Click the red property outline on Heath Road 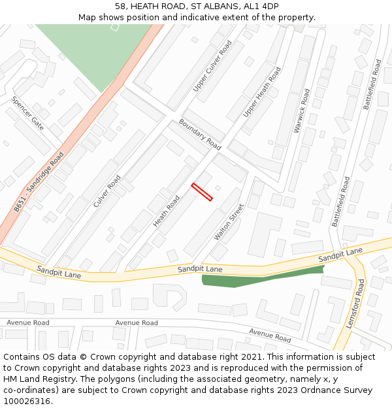pos(202,192)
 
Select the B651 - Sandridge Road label pos(39,181)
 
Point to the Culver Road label pos(107,191)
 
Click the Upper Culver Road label pos(213,66)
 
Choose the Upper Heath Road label pos(262,92)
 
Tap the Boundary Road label pos(200,134)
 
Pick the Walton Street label pos(229,222)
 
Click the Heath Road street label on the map pos(167,211)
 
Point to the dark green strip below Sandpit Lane pos(261,278)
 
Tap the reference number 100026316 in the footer pos(27,401)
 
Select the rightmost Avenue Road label pos(270,336)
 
